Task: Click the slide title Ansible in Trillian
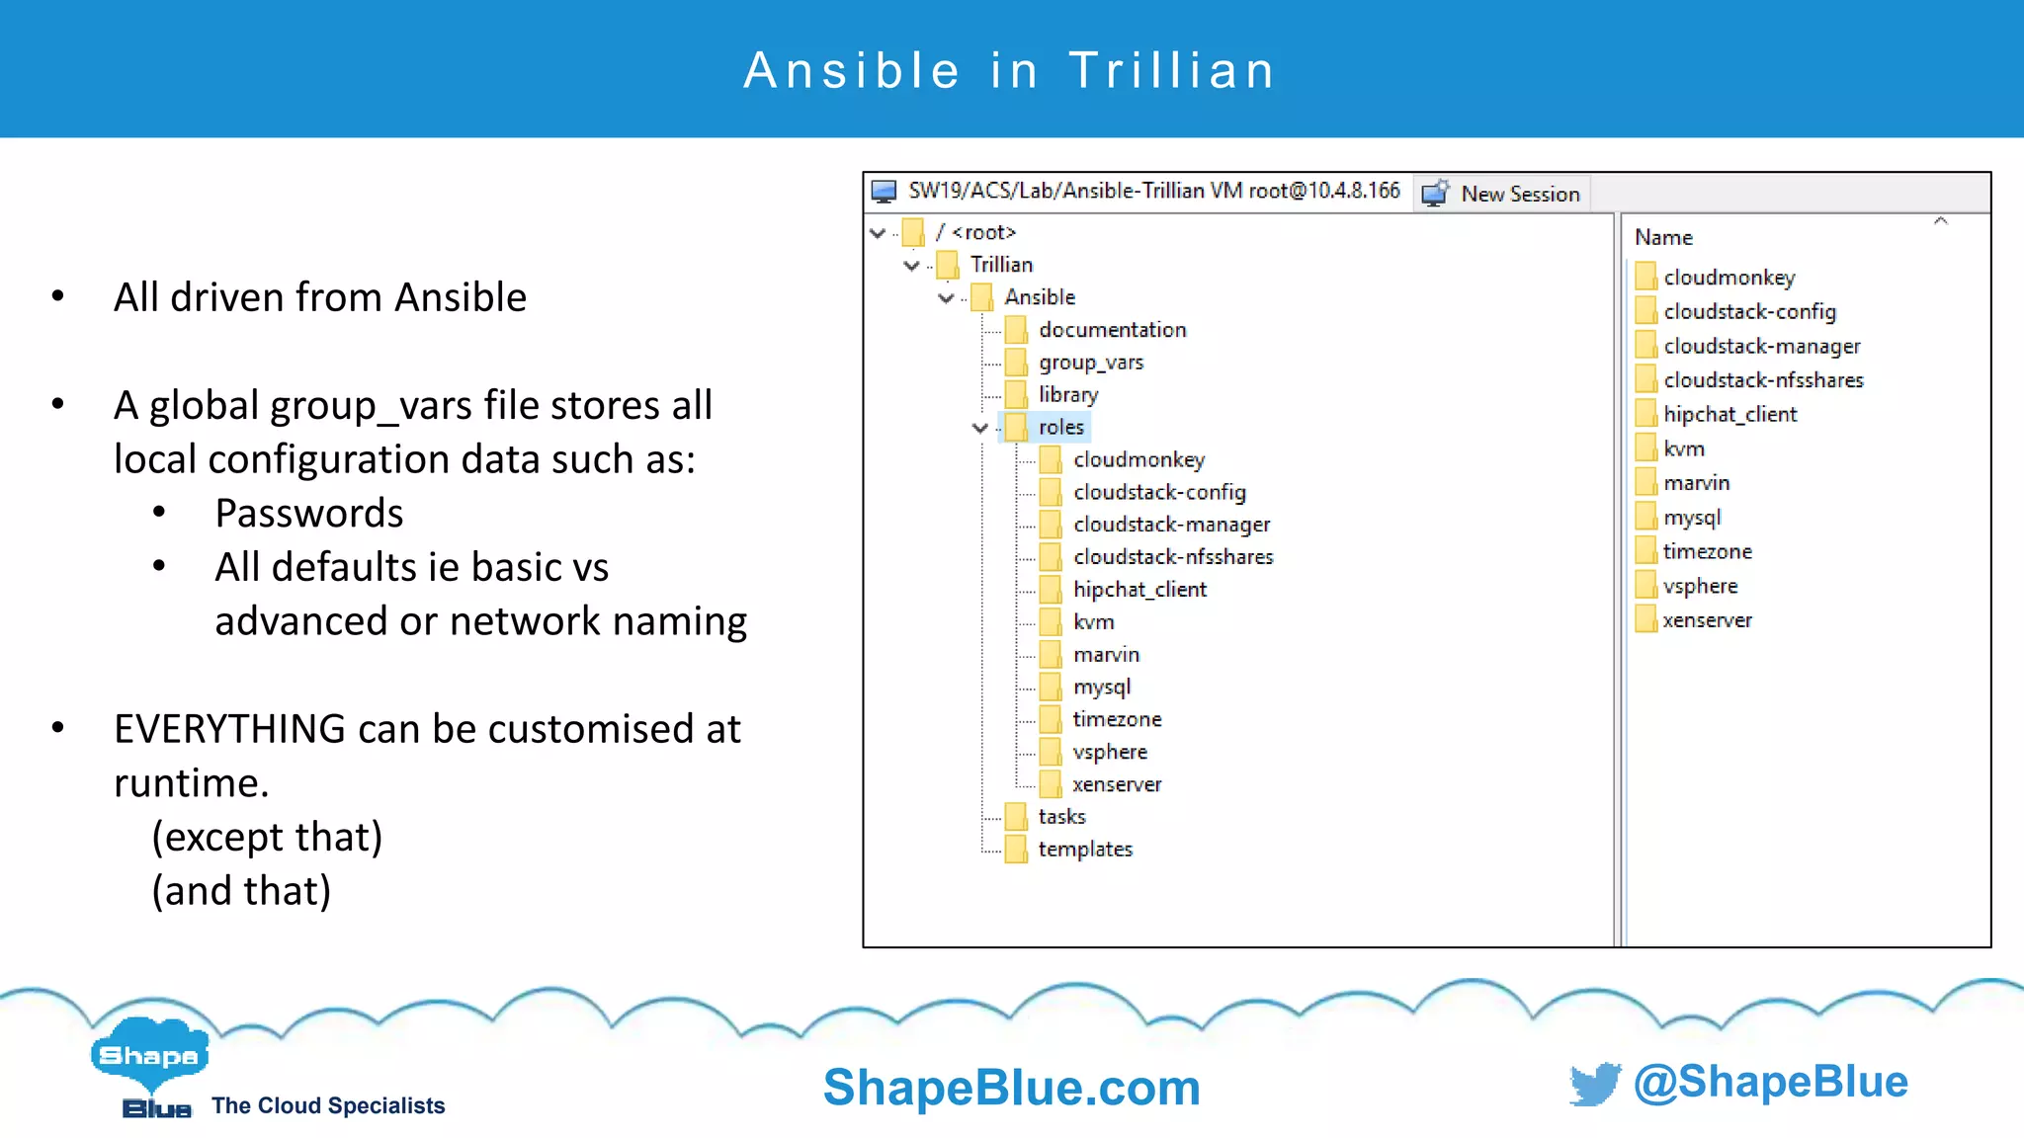point(1010,71)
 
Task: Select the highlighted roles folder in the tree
point(1060,427)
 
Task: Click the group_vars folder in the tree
point(1090,363)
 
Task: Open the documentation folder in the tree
point(1112,330)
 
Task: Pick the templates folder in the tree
point(1084,850)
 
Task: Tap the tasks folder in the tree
point(1061,817)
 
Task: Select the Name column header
point(1663,238)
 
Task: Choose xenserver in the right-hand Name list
point(1707,620)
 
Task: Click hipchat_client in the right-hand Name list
point(1729,415)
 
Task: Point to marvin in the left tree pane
point(1106,655)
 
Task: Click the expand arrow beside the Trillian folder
point(911,265)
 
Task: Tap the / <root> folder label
point(975,232)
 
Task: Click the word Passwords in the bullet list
point(309,514)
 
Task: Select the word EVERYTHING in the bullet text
point(229,729)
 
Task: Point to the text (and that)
point(241,891)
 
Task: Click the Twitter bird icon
point(1594,1084)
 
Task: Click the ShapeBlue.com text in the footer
point(1011,1088)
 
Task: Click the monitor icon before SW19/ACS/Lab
point(884,192)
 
